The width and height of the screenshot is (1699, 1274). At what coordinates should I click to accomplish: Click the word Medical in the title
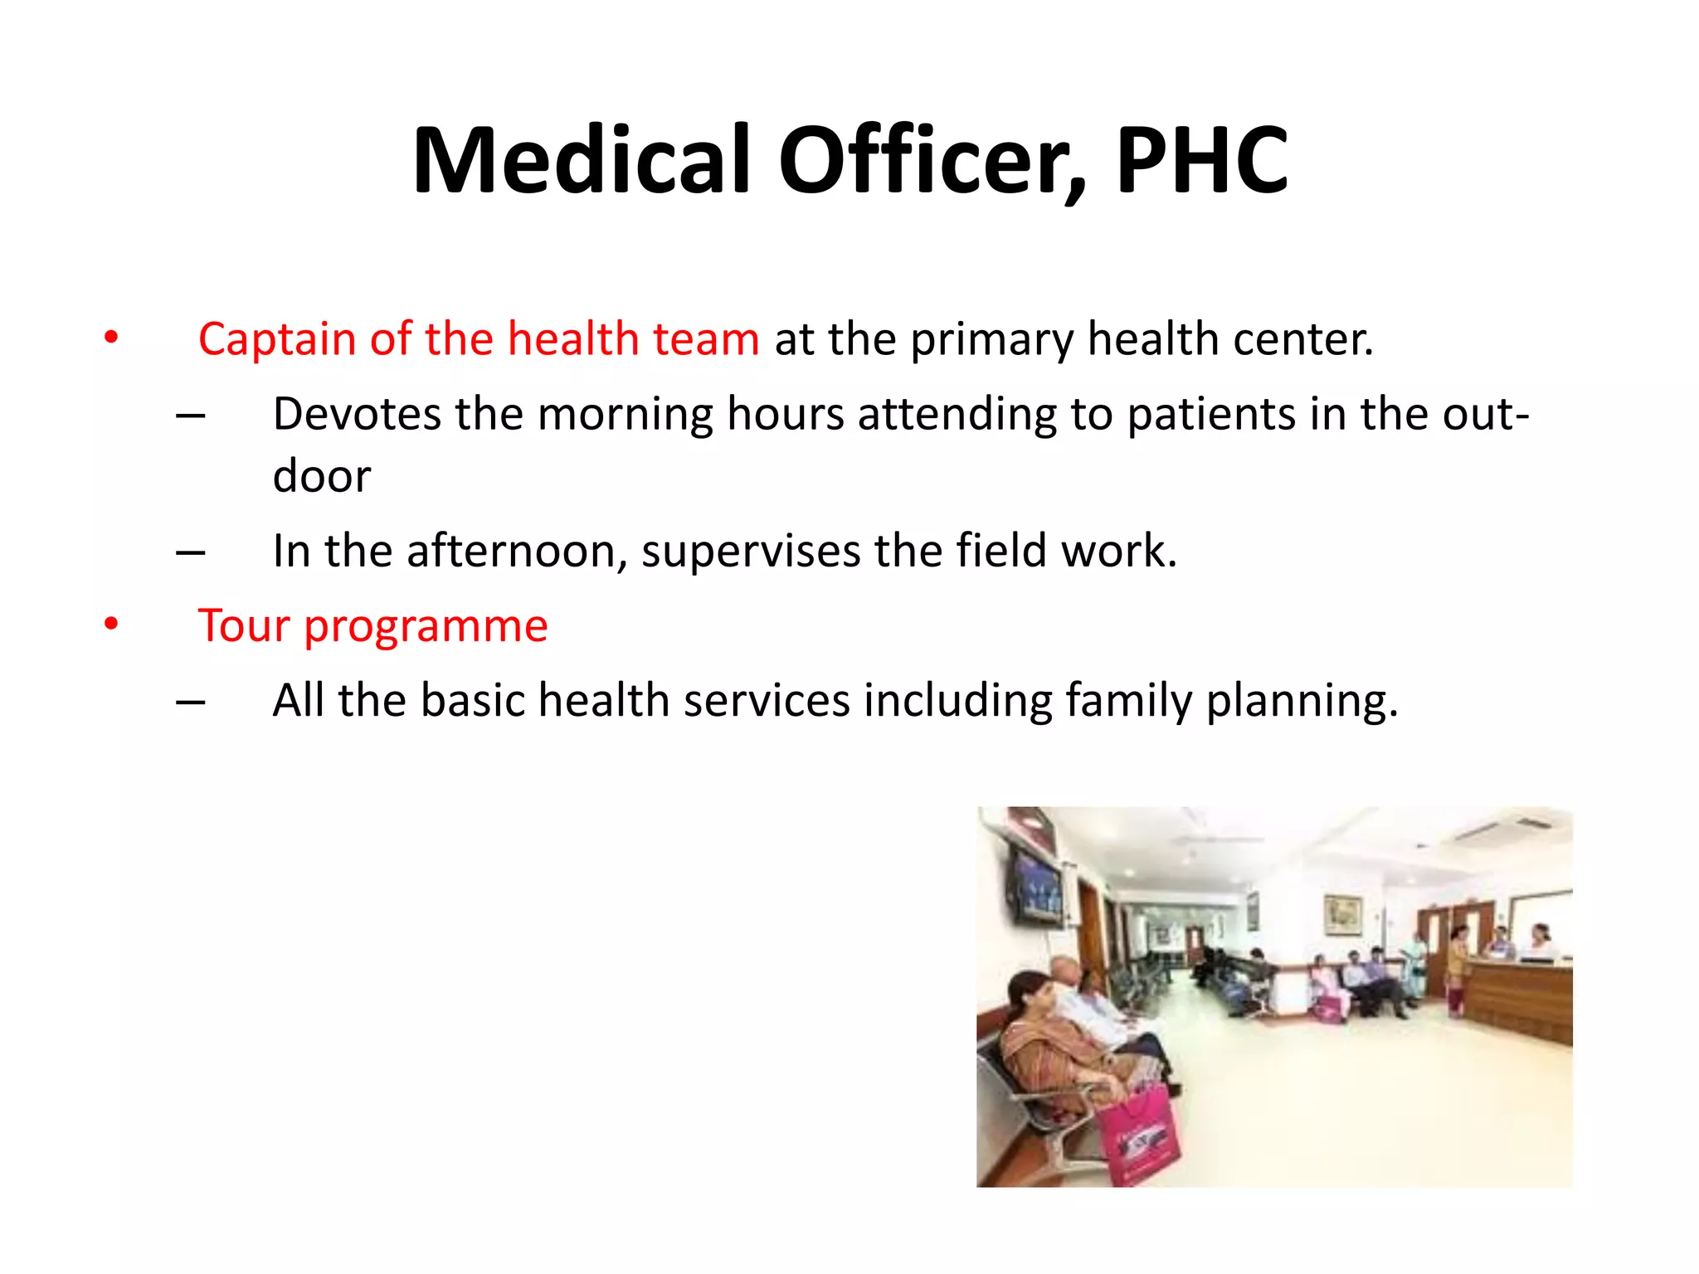[581, 160]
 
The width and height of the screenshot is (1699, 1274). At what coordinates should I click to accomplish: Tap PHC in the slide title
[1202, 160]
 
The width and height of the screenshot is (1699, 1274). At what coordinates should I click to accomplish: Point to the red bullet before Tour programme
[111, 624]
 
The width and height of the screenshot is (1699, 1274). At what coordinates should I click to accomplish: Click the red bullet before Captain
[111, 338]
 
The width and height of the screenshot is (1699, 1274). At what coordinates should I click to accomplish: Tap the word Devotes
[356, 414]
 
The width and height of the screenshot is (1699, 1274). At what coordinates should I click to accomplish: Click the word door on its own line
[321, 477]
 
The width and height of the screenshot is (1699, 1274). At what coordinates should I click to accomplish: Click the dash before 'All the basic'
[191, 702]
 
